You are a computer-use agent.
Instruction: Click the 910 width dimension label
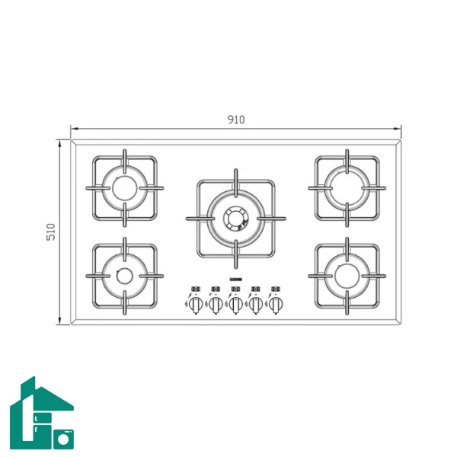pyautogui.click(x=236, y=120)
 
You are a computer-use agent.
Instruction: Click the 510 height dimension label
pyautogui.click(x=51, y=232)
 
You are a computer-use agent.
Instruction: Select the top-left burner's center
pyautogui.click(x=124, y=188)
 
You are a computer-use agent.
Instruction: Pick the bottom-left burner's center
pyautogui.click(x=125, y=276)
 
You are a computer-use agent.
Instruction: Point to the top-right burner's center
pyautogui.click(x=347, y=188)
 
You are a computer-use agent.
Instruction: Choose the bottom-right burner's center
pyautogui.click(x=347, y=276)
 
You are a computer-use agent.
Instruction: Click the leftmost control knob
pyautogui.click(x=196, y=304)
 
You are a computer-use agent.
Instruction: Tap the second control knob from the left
pyautogui.click(x=216, y=304)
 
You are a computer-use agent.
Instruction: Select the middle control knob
pyautogui.click(x=236, y=304)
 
